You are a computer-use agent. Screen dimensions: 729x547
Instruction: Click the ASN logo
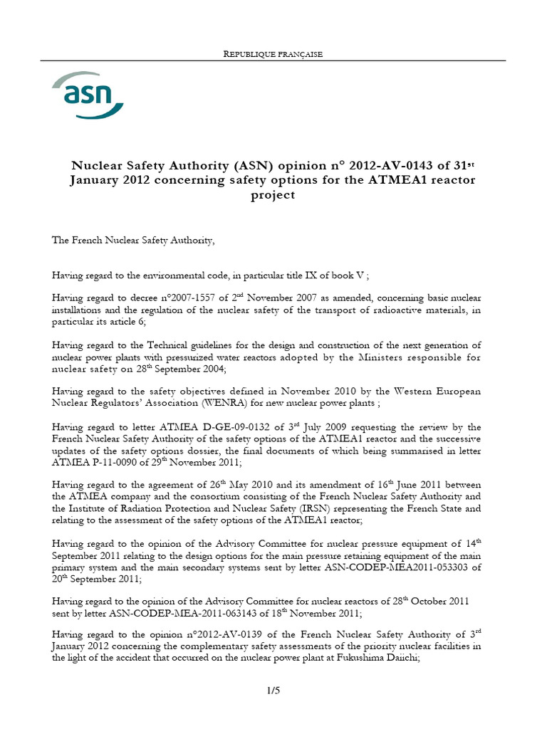click(x=87, y=96)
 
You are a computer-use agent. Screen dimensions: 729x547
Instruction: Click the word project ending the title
click(x=273, y=194)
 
